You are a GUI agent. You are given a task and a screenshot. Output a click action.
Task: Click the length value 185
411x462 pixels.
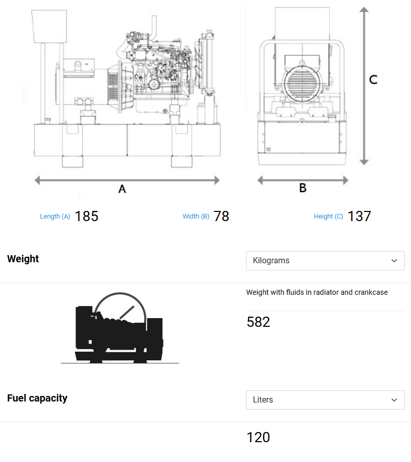86,216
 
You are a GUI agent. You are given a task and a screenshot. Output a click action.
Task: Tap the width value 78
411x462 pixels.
221,216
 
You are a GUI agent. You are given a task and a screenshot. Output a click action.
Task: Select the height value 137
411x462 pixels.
360,216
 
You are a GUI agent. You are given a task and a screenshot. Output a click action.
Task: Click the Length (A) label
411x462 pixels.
55,217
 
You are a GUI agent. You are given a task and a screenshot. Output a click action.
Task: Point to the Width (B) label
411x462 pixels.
196,217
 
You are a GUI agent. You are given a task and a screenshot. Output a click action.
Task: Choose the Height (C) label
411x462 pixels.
328,217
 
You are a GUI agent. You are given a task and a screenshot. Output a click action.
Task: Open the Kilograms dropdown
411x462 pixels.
325,261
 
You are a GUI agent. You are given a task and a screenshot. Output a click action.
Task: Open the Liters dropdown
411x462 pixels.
325,400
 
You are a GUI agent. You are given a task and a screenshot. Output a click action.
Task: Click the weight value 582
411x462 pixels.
258,322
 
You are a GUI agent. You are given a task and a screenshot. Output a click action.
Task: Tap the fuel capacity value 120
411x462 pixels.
258,438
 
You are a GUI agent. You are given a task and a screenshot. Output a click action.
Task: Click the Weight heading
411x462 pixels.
23,259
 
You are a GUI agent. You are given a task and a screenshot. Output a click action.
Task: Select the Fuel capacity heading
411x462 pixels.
37,398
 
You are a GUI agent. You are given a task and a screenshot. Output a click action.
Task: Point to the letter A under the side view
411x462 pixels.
122,189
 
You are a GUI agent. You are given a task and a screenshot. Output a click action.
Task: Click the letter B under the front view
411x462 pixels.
303,188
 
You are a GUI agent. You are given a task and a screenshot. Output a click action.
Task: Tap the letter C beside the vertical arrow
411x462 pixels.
373,80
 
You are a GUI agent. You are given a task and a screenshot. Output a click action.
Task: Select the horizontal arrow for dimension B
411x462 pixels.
303,180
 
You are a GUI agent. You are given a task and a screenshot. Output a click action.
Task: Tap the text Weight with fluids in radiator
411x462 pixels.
317,292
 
